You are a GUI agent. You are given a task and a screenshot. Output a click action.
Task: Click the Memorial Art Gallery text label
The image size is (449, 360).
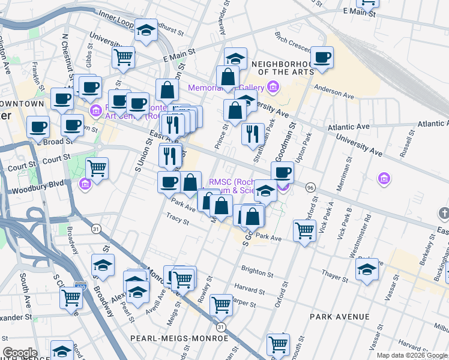tap(227, 88)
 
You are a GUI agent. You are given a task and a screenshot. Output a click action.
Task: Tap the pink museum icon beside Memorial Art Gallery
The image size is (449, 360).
tap(273, 88)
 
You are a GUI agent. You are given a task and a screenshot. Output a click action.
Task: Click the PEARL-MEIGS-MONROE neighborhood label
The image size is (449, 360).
tap(179, 338)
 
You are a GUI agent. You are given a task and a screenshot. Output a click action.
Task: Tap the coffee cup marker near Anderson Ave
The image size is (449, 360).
tap(322, 58)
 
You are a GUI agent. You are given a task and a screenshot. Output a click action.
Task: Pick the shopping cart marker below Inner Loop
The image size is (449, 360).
tap(123, 58)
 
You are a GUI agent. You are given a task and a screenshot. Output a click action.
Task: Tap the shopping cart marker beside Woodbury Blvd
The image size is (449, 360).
tap(97, 167)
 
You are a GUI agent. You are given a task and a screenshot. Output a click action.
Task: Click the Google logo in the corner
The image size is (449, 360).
tap(20, 353)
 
